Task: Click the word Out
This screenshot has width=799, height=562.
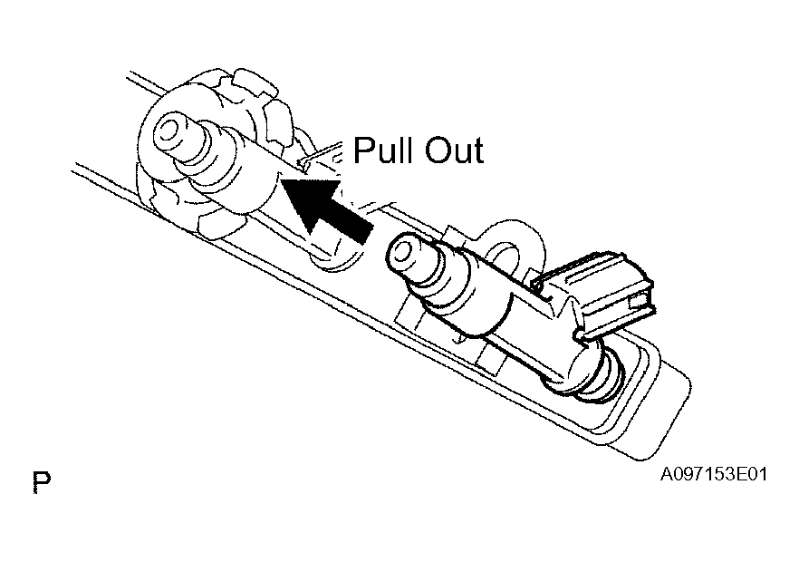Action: pyautogui.click(x=454, y=150)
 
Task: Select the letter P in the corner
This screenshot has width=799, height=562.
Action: pyautogui.click(x=42, y=481)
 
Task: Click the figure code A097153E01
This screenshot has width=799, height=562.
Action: pyautogui.click(x=713, y=474)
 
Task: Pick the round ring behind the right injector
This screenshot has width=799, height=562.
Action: pyautogui.click(x=509, y=245)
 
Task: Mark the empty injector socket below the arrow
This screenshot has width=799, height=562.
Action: pyautogui.click(x=336, y=250)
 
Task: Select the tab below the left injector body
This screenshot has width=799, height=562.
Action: pyautogui.click(x=220, y=225)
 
